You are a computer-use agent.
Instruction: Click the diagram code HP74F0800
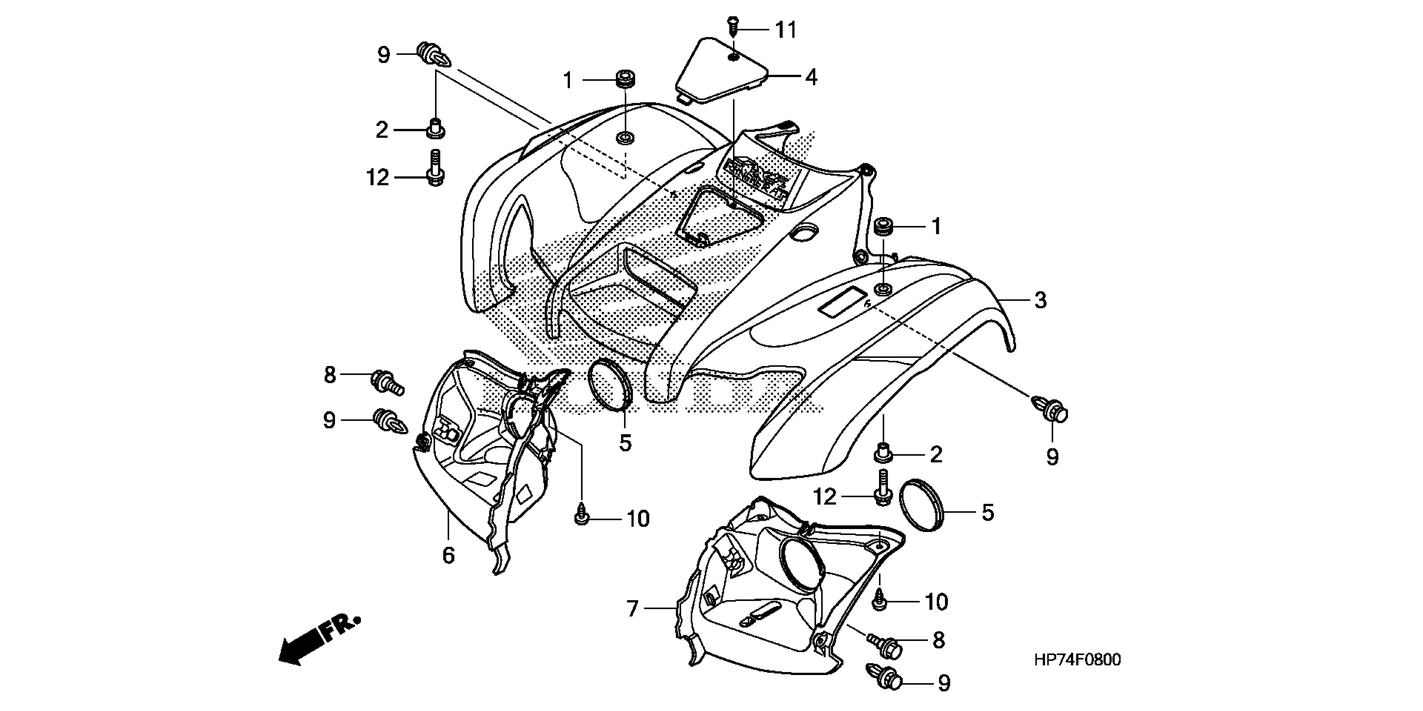point(1077,660)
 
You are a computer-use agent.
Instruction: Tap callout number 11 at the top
point(786,30)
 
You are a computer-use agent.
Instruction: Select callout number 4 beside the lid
point(810,77)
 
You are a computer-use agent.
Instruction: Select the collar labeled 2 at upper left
point(435,128)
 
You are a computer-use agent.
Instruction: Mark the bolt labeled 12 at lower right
point(883,487)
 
